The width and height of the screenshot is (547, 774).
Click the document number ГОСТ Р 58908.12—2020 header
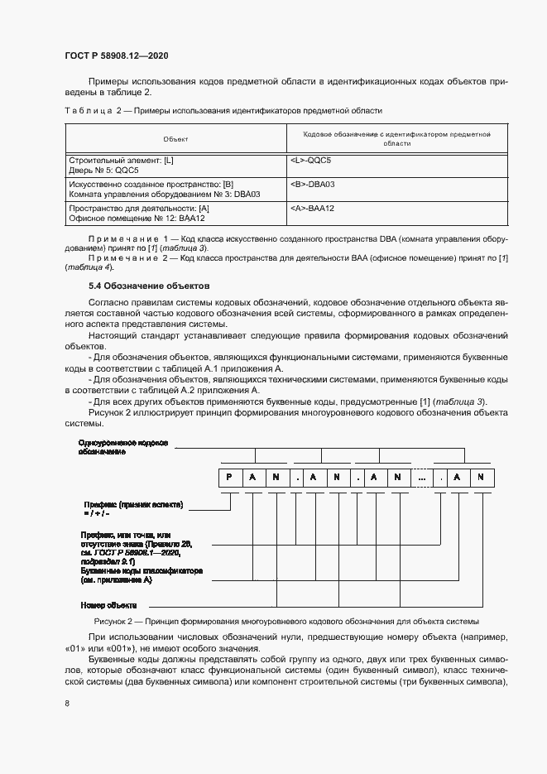click(117, 55)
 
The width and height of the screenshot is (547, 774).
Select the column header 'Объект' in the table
click(175, 138)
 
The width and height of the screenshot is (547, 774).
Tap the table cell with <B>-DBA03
click(313, 183)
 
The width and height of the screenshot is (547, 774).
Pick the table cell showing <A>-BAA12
click(313, 208)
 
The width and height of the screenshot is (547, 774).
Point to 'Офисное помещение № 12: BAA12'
click(137, 219)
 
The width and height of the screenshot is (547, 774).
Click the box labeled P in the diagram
click(228, 477)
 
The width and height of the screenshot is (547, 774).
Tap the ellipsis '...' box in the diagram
click(422, 477)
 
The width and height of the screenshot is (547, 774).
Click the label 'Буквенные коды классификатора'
click(142, 571)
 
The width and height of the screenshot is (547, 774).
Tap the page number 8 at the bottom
click(67, 703)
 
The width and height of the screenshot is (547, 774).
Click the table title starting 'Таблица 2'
click(223, 110)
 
